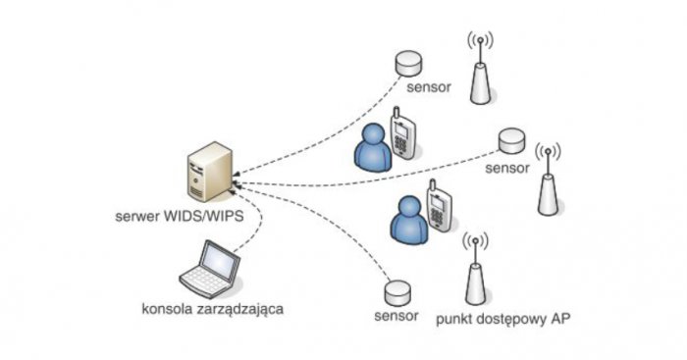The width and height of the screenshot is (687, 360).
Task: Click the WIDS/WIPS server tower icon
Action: coord(210,172)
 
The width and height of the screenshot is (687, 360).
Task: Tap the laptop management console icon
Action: coord(210,269)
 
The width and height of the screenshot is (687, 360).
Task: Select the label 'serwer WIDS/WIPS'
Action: coord(180,216)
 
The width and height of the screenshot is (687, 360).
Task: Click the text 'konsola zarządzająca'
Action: coord(213,309)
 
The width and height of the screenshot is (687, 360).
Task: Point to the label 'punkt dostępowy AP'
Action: coord(502,319)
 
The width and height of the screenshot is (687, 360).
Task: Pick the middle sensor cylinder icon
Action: coord(511,140)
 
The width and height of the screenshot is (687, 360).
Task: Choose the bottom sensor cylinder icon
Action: coord(397,293)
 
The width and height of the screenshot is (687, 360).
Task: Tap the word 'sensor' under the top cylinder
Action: coord(429,86)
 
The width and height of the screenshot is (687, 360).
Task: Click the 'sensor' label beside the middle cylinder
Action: coord(507,168)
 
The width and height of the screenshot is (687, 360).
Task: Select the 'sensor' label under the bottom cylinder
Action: coord(396,315)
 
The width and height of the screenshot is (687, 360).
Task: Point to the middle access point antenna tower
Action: coord(548,180)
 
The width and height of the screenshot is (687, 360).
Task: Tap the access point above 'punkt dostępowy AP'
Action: coord(475,269)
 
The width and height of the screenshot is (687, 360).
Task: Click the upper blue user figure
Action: coord(372,147)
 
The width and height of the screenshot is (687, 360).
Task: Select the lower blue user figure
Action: coord(409,220)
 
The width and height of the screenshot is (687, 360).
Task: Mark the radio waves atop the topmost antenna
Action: coord(480,40)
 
